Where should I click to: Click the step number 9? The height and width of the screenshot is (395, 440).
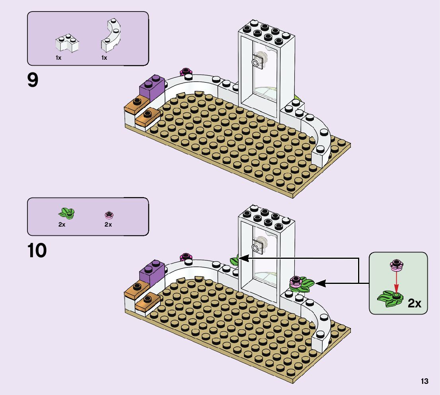[x=33, y=80]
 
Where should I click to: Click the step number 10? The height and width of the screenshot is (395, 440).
[x=37, y=250]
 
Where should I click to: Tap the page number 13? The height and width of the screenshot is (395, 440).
[x=424, y=381]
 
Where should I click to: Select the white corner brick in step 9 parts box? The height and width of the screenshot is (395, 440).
[x=67, y=43]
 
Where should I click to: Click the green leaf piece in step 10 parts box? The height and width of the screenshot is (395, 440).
[x=66, y=213]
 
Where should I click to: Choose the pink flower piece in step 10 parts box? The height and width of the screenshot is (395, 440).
[x=109, y=215]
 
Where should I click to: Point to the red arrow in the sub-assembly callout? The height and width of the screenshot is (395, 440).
[x=396, y=282]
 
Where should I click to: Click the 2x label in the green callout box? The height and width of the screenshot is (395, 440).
[x=414, y=303]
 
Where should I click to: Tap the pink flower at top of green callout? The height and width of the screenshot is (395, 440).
[x=397, y=265]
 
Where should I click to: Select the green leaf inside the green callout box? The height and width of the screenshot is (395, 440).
[x=390, y=299]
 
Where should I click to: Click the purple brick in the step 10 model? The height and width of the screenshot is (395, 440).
[x=152, y=273]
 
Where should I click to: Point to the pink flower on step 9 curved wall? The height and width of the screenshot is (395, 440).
[x=185, y=71]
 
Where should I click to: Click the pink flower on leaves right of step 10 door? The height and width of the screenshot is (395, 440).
[x=295, y=282]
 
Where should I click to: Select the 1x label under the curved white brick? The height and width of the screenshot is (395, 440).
[x=104, y=58]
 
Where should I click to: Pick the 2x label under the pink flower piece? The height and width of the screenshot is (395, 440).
[x=108, y=225]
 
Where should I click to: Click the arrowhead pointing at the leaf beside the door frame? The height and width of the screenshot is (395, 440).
[x=244, y=258]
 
